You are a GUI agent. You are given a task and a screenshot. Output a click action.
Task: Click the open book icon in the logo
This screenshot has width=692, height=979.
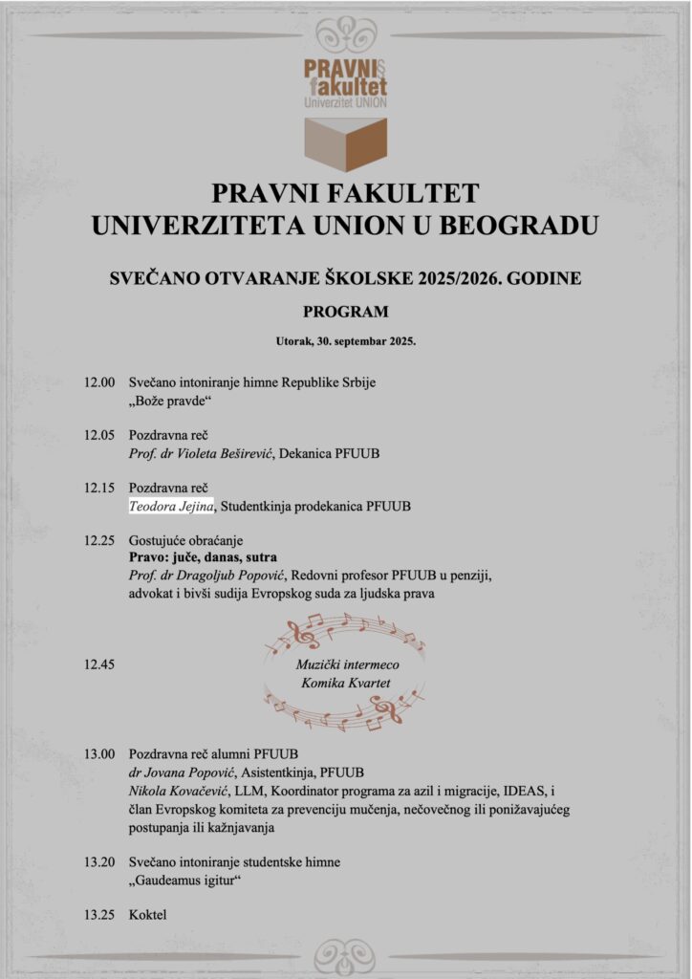tap(345, 143)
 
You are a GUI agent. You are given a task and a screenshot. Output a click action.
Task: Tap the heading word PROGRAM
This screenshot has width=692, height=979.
tap(345, 312)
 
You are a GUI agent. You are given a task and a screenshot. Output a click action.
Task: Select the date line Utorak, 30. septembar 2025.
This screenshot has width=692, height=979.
tap(345, 340)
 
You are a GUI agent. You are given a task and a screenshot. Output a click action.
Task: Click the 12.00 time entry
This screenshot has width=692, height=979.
tap(99, 382)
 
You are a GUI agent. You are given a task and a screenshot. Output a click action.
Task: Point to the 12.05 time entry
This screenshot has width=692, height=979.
tap(99, 435)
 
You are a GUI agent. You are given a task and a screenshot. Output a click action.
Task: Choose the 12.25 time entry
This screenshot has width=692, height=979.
tap(99, 540)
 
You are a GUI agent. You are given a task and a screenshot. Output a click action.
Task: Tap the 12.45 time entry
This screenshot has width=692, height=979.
tap(99, 662)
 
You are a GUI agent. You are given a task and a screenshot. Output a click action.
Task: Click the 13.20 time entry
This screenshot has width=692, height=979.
tap(99, 861)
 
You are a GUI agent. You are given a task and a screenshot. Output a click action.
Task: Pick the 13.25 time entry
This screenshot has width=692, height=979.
tap(99, 915)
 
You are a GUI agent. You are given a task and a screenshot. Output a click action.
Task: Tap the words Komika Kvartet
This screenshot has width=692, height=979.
tap(345, 683)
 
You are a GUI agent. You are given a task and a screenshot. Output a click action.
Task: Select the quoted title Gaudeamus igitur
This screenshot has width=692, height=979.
tap(184, 879)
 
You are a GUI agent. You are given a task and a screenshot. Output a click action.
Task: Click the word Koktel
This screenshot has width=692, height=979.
tap(148, 915)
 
